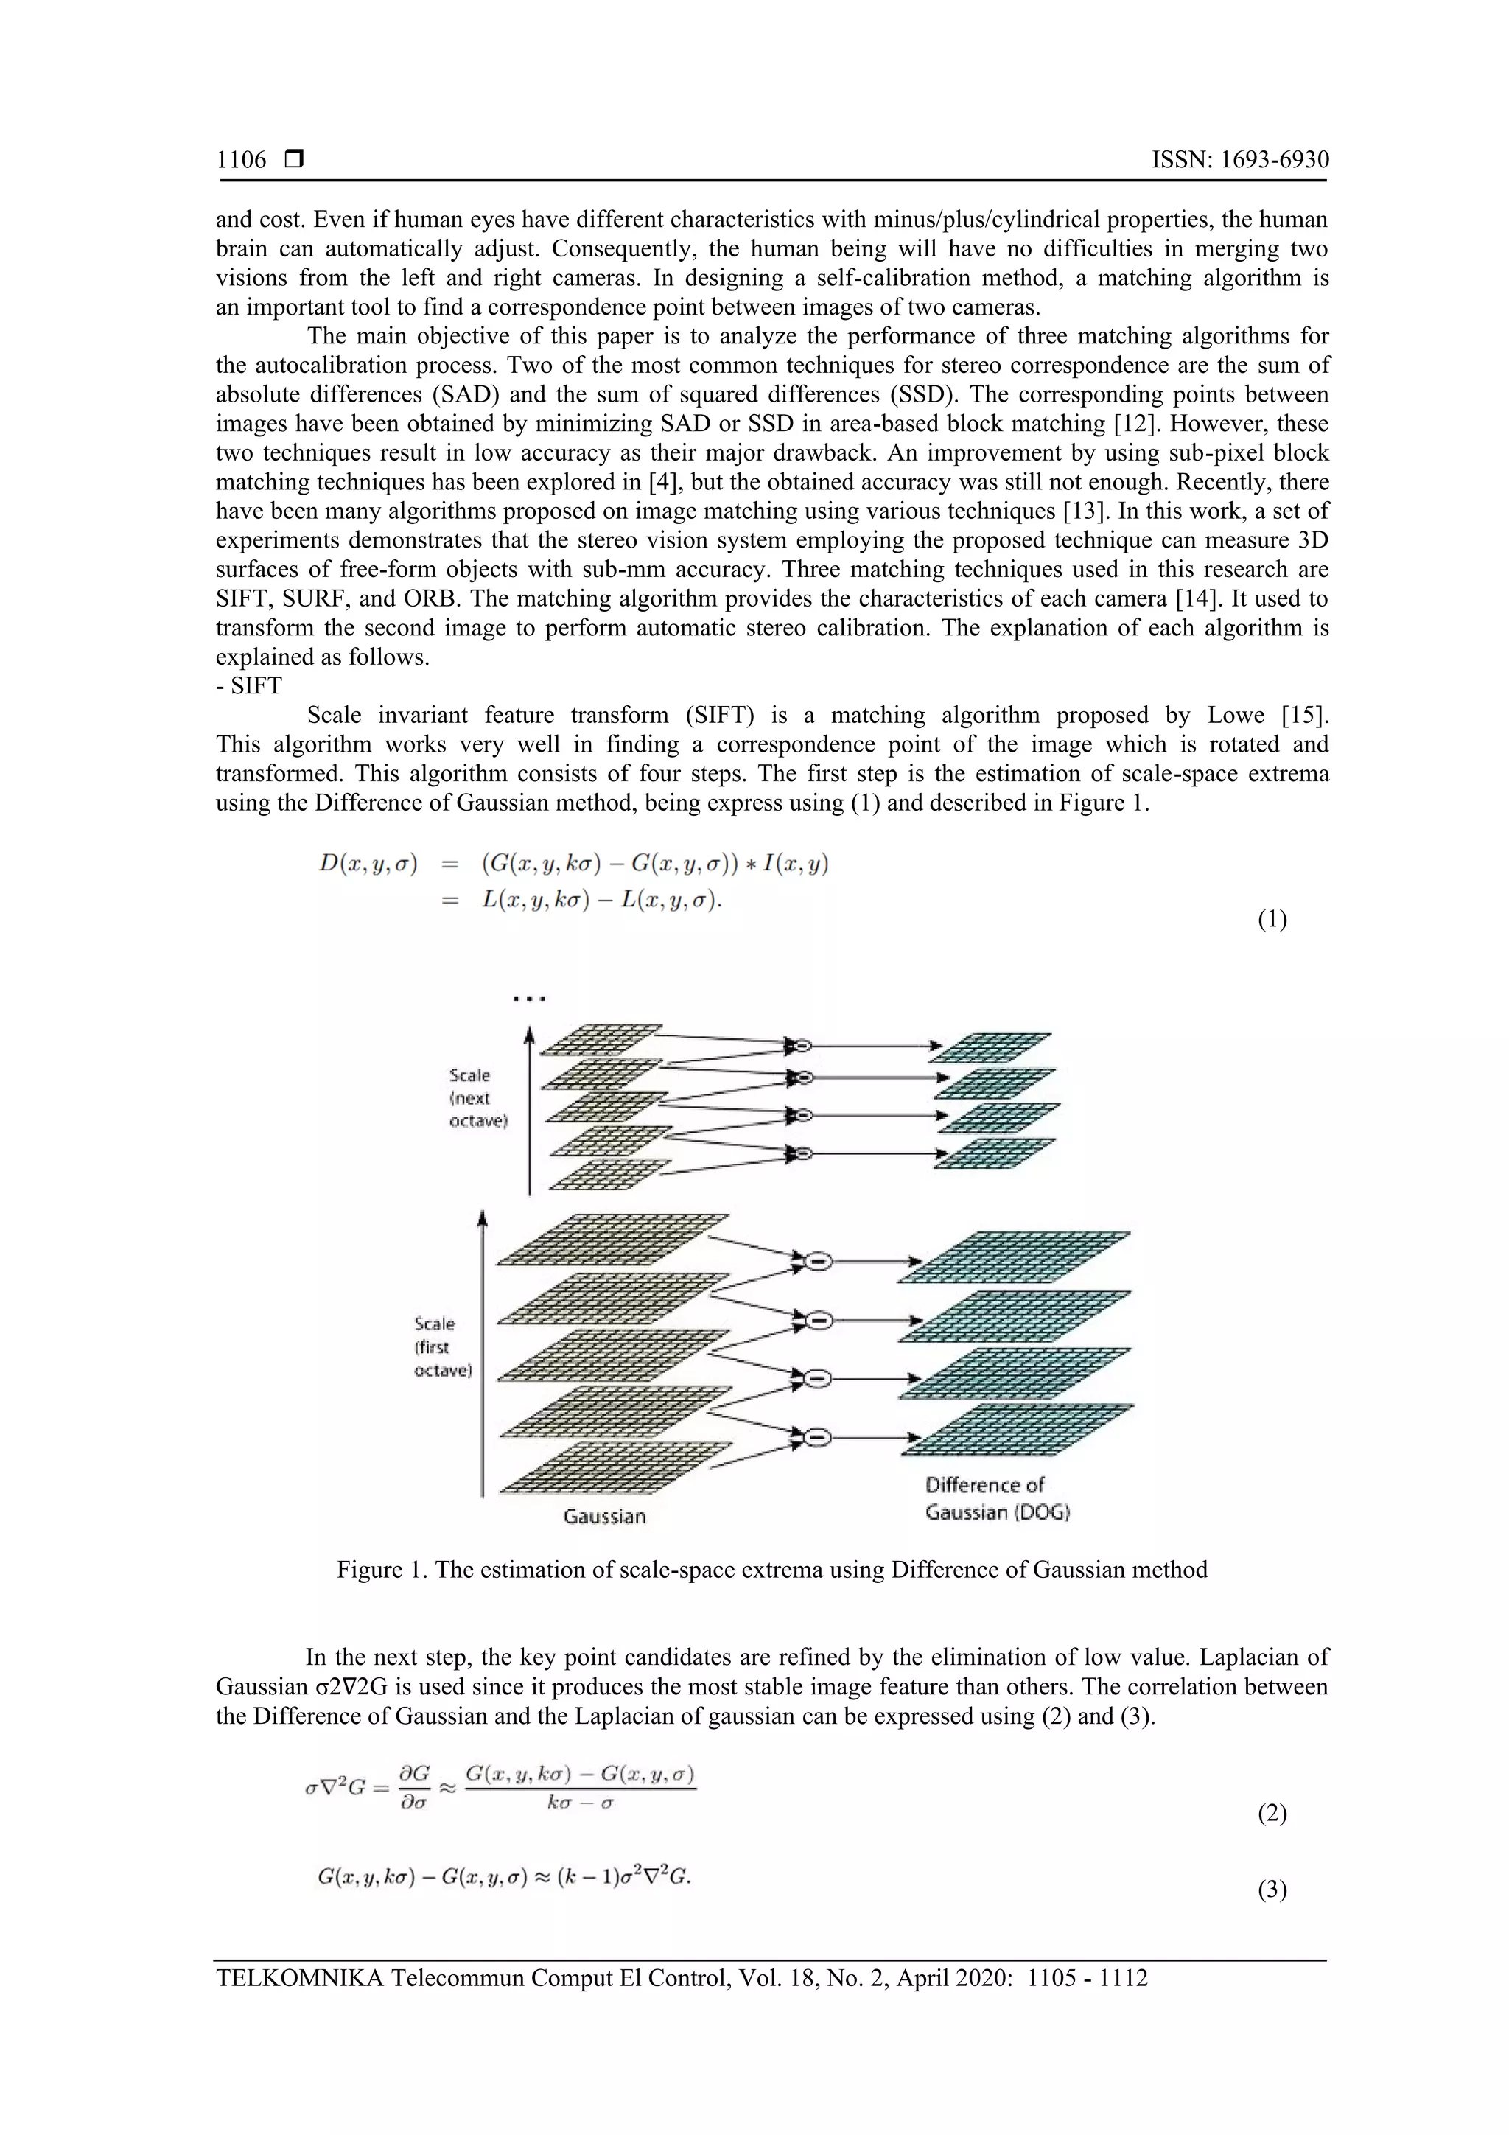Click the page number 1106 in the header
(241, 160)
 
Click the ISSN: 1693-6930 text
(1239, 160)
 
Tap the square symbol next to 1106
(295, 160)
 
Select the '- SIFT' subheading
(248, 685)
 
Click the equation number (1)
(1272, 920)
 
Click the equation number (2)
(1272, 1812)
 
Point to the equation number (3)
(1272, 1889)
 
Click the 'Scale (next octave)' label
(478, 1097)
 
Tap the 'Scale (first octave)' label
(443, 1346)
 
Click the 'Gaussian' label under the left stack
(604, 1516)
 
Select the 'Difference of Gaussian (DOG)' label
(997, 1498)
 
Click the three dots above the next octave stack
(529, 999)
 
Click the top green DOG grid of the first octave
(1013, 1257)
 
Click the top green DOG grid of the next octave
(990, 1047)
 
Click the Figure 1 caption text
(771, 1570)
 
